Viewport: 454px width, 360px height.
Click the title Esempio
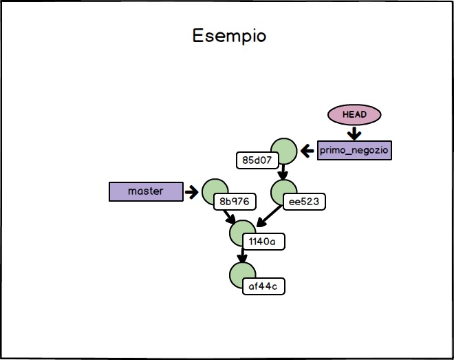[229, 35]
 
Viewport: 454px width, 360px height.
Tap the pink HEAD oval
[354, 114]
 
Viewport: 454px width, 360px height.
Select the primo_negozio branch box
[354, 150]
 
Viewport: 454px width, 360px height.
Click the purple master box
[146, 191]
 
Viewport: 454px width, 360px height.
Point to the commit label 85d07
[255, 161]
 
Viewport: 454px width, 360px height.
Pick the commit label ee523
[304, 202]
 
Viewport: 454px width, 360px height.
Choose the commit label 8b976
[235, 202]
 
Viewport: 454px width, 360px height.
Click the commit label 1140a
[263, 242]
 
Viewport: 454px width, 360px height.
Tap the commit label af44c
[263, 285]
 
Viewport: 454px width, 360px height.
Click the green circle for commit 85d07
[283, 149]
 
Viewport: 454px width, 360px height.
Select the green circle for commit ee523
[283, 191]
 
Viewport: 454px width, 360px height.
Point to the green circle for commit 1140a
[242, 233]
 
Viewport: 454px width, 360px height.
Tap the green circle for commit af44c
[242, 275]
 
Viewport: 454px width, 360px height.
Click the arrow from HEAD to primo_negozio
[354, 132]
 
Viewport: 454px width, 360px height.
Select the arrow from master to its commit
[191, 191]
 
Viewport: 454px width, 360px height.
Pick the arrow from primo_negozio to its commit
[307, 150]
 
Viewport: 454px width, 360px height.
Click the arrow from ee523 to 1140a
[269, 218]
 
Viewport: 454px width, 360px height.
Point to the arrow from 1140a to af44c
[241, 254]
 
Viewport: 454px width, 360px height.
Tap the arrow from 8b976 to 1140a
[229, 215]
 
